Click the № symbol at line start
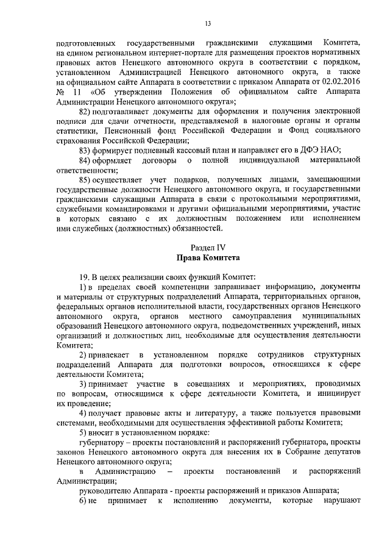[x=60, y=91]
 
